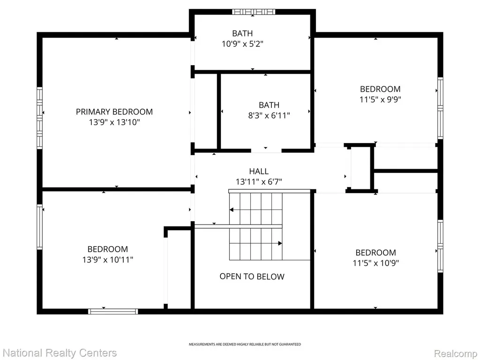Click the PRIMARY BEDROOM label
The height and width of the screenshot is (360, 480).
(x=114, y=112)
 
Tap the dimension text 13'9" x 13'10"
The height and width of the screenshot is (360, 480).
(x=114, y=122)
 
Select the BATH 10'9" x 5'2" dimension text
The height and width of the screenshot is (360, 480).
(x=242, y=44)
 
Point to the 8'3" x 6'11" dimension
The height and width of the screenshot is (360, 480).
(x=269, y=115)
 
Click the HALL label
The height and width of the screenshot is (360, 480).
(x=259, y=171)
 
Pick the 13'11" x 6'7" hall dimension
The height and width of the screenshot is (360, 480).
(x=259, y=182)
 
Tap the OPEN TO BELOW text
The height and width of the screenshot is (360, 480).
(x=252, y=277)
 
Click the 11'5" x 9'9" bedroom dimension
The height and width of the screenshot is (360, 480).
(x=380, y=99)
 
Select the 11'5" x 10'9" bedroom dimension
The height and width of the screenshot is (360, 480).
(x=375, y=263)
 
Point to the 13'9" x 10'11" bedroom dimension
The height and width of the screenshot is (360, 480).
(x=108, y=260)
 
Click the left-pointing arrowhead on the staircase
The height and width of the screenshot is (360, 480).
(x=232, y=210)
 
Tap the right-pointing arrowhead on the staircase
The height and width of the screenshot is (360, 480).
(x=280, y=243)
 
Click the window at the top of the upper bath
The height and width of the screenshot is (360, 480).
(x=254, y=12)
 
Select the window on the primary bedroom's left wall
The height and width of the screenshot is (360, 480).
(x=39, y=118)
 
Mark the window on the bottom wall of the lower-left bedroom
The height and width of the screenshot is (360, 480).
(x=113, y=311)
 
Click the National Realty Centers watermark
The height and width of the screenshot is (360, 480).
(x=60, y=353)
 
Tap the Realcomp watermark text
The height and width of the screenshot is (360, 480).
(x=456, y=353)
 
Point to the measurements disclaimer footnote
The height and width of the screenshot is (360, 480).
(x=245, y=345)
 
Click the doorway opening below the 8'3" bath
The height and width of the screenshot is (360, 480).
(x=266, y=150)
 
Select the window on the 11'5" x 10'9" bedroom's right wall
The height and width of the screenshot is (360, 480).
(x=440, y=246)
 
